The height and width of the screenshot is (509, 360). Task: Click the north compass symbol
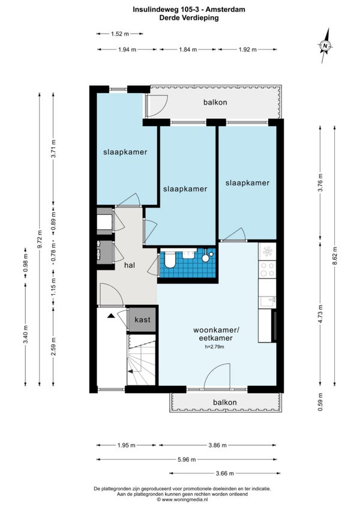[x=325, y=46]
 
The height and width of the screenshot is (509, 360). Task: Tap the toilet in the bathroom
[x=169, y=259]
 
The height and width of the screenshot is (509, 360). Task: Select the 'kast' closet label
[x=143, y=319]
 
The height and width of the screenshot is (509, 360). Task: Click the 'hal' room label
[x=130, y=265]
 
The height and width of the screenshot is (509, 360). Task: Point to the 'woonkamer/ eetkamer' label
[x=216, y=334]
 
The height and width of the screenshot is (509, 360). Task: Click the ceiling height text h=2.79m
[x=214, y=347]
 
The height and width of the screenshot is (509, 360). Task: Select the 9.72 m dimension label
[x=40, y=239]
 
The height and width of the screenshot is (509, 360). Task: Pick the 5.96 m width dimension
[x=187, y=459]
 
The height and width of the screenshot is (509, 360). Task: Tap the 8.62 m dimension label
[x=335, y=256]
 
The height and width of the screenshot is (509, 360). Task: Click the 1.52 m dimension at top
[x=120, y=34]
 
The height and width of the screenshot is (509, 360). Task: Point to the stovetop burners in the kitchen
[x=268, y=270]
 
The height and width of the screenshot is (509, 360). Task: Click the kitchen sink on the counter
[x=268, y=302]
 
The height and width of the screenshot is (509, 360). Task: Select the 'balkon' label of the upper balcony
[x=215, y=102]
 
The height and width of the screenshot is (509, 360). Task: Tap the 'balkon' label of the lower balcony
[x=224, y=402]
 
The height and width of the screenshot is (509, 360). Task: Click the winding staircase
[x=141, y=360]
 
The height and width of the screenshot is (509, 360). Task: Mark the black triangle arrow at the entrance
[x=112, y=316]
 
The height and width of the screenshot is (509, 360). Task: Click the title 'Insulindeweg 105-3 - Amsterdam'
[x=189, y=10]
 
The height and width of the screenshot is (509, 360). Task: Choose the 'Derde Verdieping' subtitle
[x=189, y=18]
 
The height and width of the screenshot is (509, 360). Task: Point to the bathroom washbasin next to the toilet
[x=189, y=253]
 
